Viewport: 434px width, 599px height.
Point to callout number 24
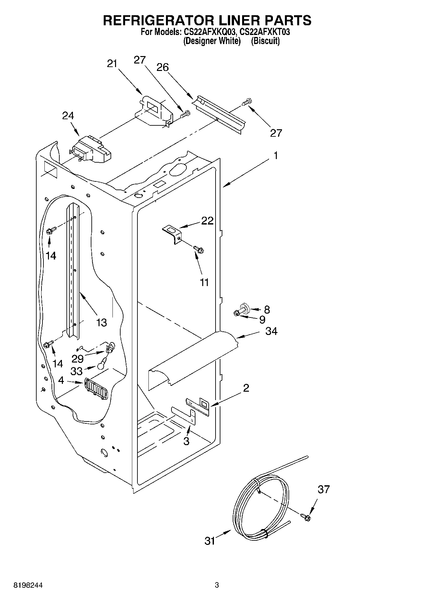click(68, 116)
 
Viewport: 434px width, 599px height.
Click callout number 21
click(112, 64)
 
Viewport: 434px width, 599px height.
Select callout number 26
click(163, 67)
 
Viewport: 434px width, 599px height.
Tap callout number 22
click(207, 221)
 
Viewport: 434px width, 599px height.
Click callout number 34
click(271, 331)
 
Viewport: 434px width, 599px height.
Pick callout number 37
click(323, 489)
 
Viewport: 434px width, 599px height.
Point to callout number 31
click(210, 541)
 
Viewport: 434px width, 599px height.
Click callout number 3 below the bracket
click(186, 441)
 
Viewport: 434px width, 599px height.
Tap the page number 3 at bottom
click(217, 585)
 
